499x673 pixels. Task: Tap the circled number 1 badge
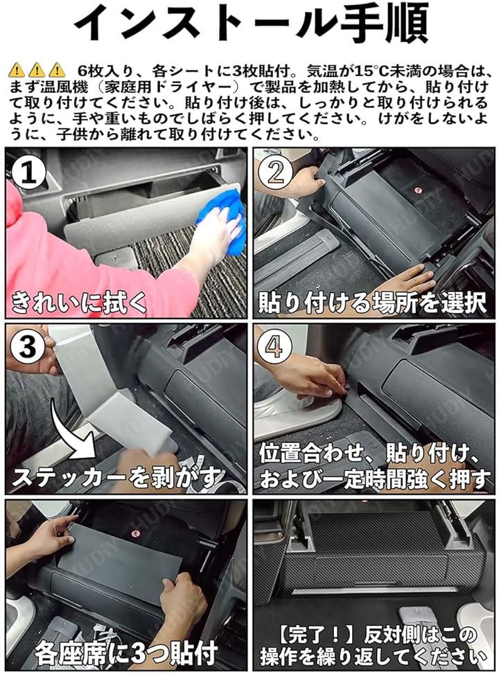click(28, 172)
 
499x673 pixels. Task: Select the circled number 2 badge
click(275, 171)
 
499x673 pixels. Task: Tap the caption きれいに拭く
click(80, 302)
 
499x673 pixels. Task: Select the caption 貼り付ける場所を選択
click(372, 302)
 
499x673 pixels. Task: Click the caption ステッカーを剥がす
click(118, 476)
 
